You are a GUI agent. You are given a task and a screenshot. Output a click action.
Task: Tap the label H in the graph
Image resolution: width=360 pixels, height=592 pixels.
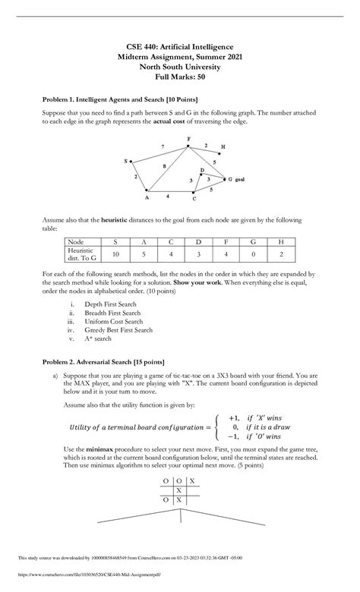pos(223,146)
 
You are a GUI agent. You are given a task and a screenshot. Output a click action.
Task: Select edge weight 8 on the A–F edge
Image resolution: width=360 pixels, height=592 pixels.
pos(163,165)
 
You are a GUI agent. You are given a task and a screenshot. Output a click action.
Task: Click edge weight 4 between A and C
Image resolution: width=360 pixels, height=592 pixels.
pos(168,195)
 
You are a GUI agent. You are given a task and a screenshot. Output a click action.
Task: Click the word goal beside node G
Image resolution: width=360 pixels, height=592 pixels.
pos(239,179)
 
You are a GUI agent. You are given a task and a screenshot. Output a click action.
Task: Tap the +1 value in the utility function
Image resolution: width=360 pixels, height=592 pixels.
pos(234,417)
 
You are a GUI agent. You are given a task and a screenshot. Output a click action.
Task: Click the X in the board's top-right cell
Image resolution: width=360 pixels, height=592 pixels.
pos(192,481)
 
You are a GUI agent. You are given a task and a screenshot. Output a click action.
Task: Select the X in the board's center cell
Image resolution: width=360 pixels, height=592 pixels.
pos(178,490)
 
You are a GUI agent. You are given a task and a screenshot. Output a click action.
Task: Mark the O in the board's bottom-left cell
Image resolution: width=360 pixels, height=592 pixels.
pos(165,500)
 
